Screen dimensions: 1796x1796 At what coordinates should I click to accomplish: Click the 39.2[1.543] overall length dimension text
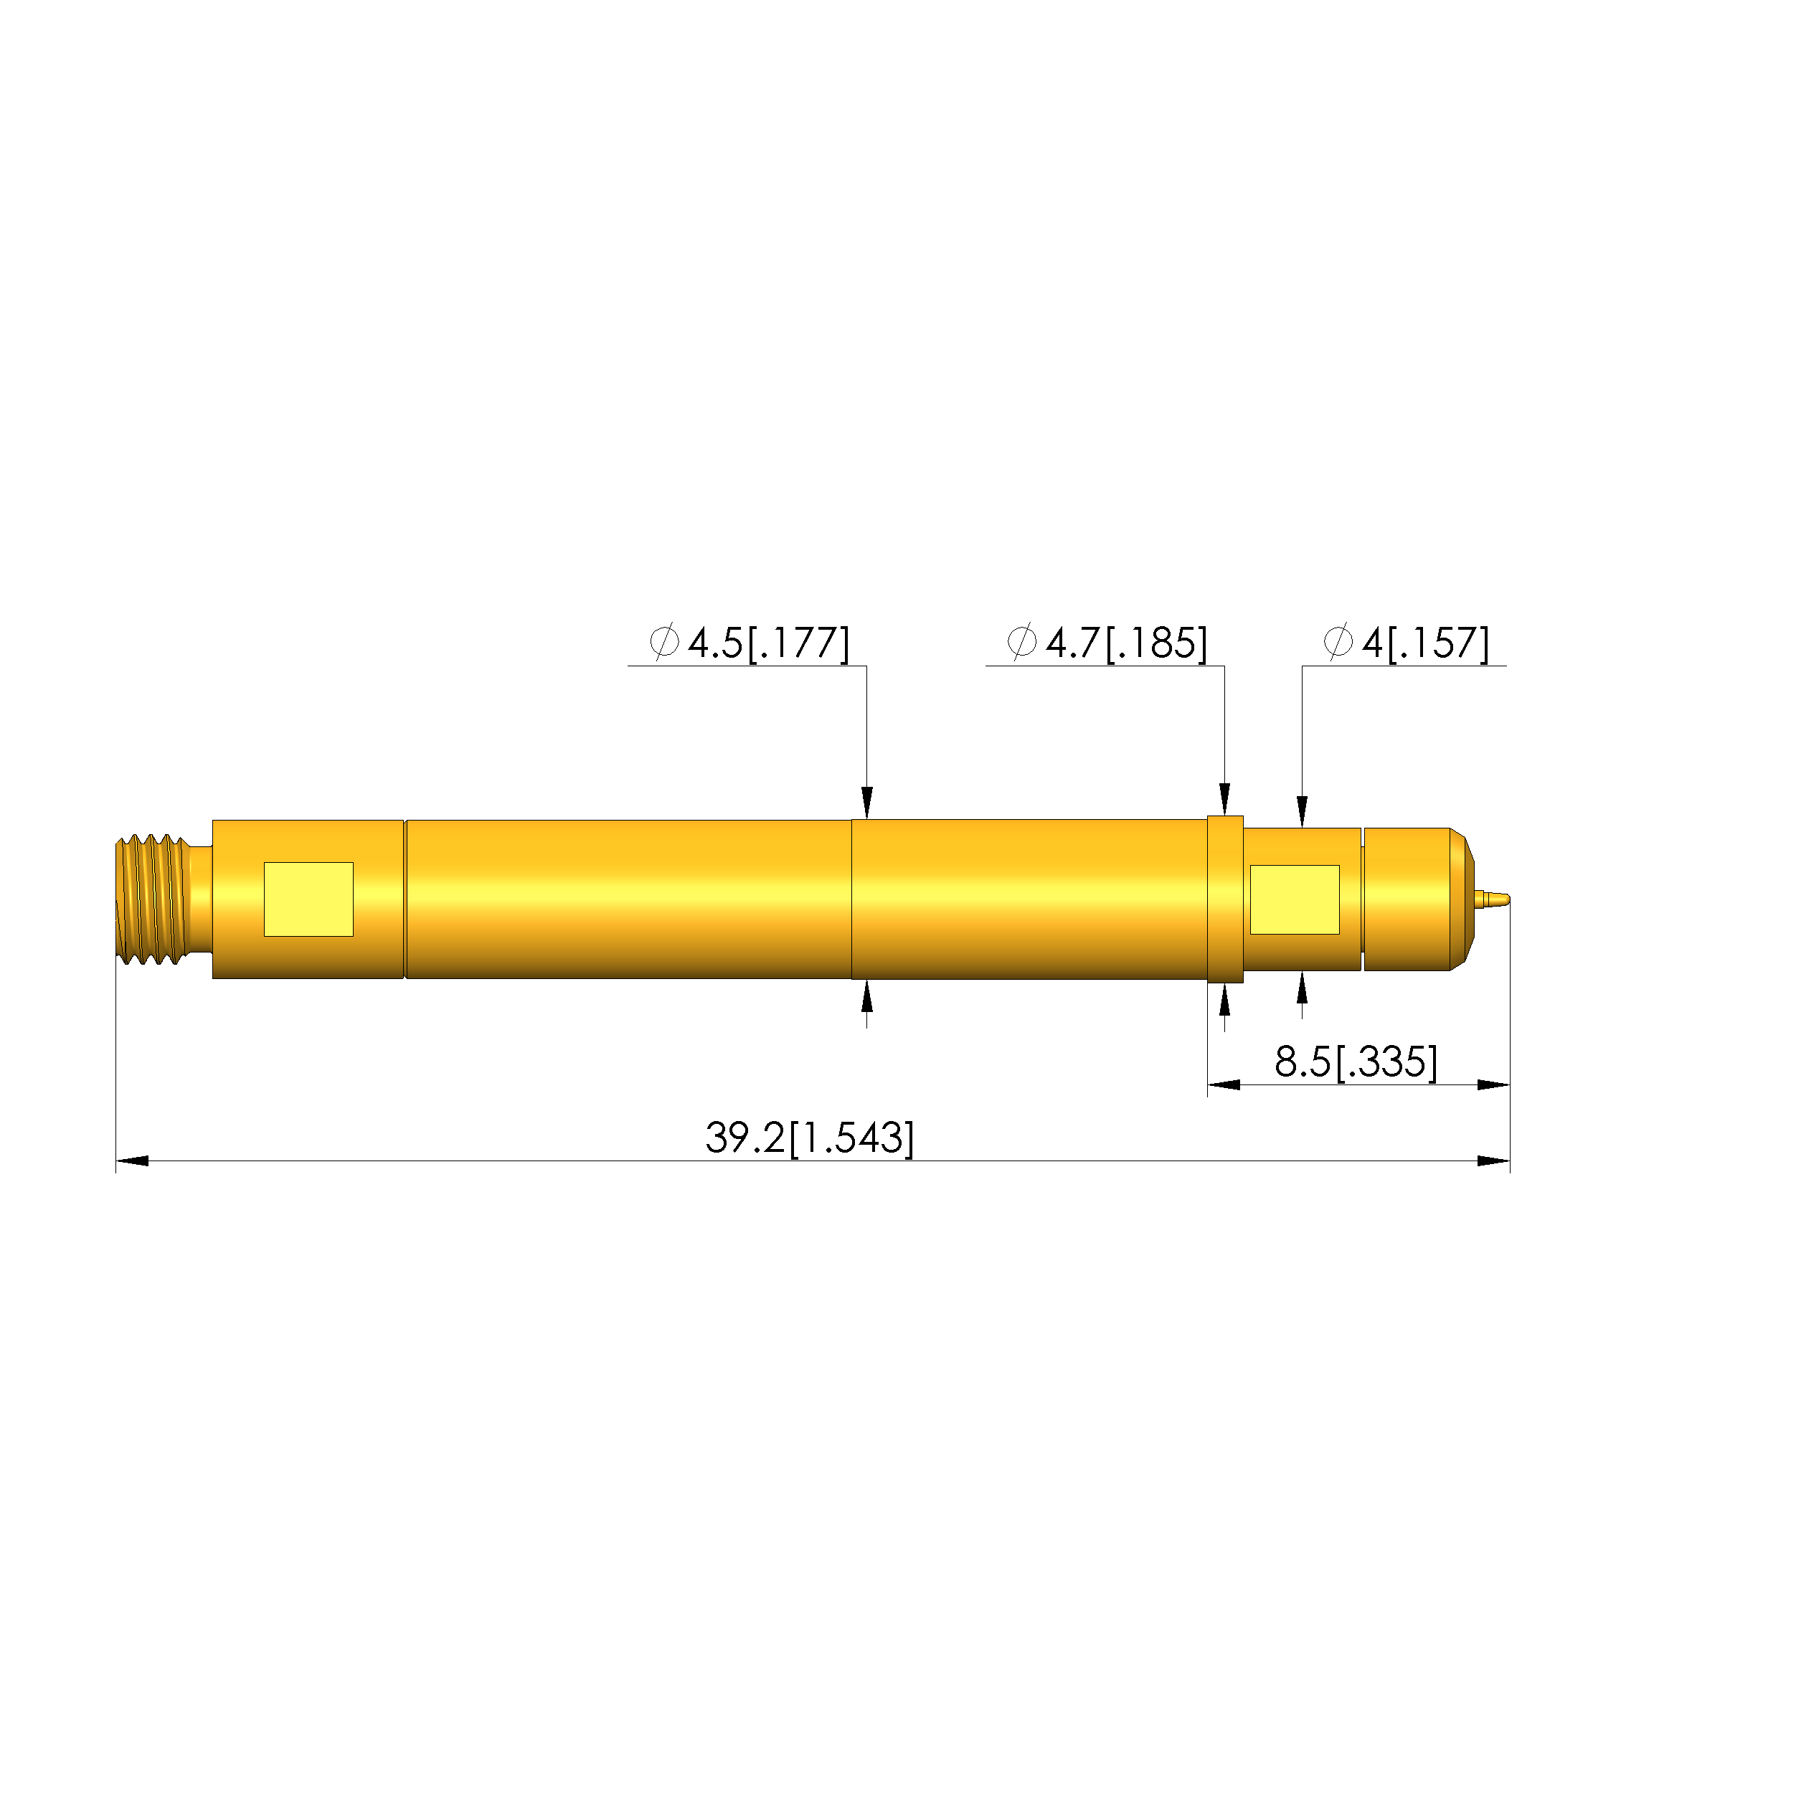click(810, 1138)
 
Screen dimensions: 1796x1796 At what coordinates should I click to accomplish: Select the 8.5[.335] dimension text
click(1356, 1062)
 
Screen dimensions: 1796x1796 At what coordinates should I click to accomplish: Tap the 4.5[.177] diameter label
click(769, 643)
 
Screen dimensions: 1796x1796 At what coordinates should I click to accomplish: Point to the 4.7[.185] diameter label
click(1127, 643)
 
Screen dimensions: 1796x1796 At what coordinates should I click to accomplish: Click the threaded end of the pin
click(153, 899)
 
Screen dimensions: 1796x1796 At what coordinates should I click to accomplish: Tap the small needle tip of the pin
click(1492, 899)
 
